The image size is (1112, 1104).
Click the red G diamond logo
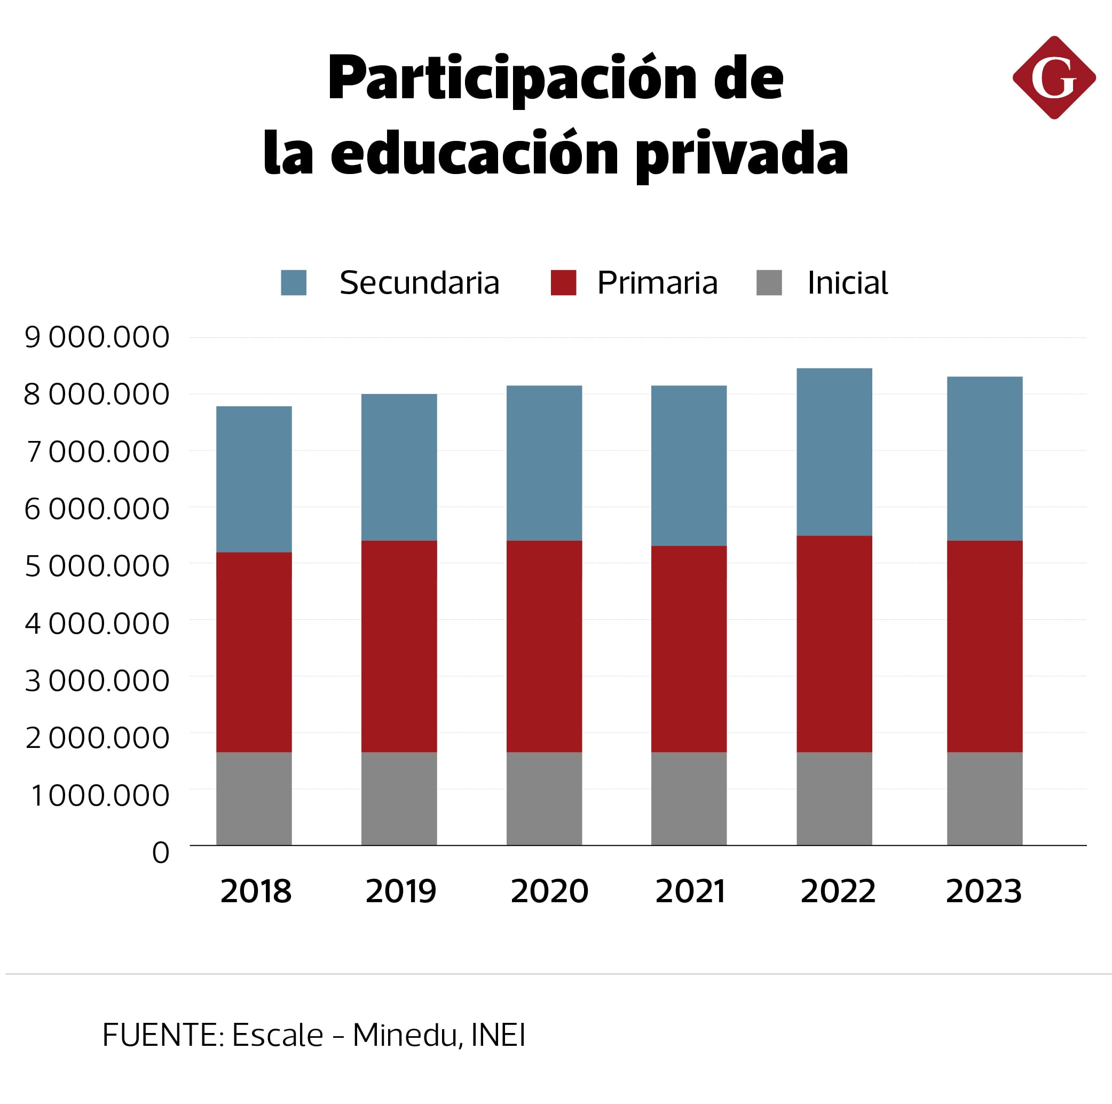(x=1053, y=78)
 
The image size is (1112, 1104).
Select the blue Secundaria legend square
(x=294, y=282)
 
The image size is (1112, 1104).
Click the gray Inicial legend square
(x=768, y=282)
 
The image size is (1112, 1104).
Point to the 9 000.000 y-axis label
(x=97, y=337)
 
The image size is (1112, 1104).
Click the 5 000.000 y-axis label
(x=97, y=566)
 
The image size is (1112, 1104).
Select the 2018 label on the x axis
(x=256, y=892)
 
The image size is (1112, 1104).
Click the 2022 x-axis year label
(x=838, y=892)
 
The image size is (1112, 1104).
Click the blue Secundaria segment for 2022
(x=834, y=452)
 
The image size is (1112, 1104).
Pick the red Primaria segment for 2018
(x=254, y=652)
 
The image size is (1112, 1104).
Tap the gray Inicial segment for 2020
(x=544, y=798)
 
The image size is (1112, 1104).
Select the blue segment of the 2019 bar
(x=399, y=468)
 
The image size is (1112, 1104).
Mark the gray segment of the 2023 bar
(x=984, y=798)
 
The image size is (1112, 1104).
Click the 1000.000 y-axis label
(x=100, y=796)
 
